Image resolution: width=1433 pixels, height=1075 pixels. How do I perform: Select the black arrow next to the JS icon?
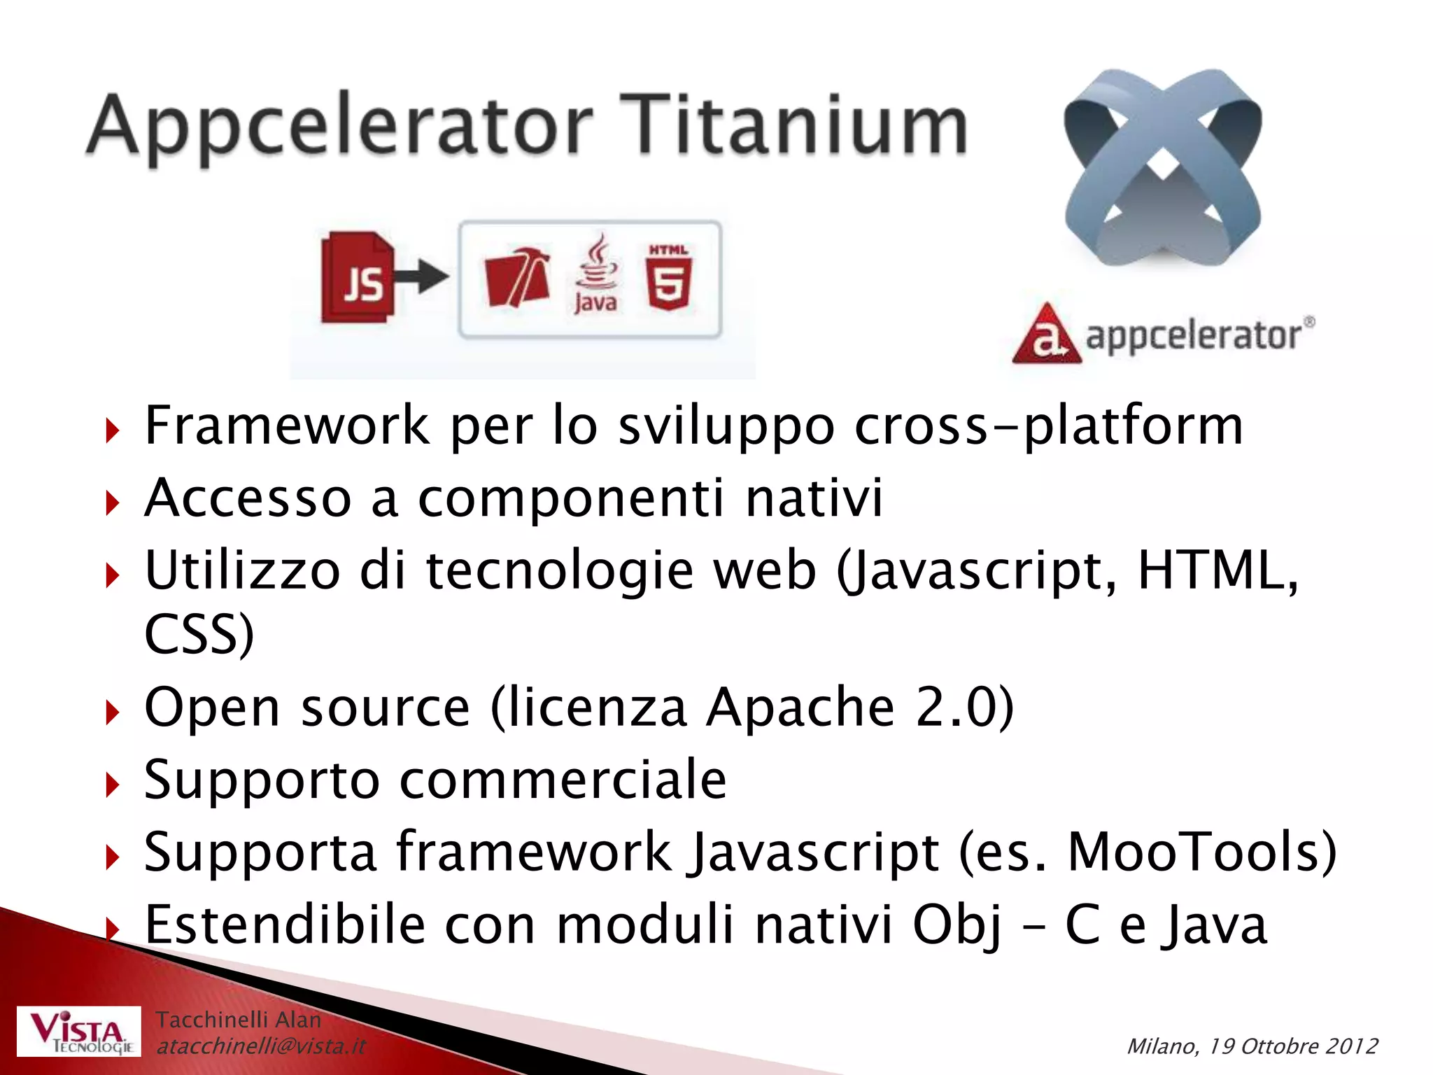coord(422,276)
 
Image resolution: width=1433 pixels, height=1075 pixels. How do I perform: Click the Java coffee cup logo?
coord(595,274)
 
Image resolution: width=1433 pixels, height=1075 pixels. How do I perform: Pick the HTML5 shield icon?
coord(669,278)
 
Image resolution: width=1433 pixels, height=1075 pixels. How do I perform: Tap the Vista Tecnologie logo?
coord(79,1032)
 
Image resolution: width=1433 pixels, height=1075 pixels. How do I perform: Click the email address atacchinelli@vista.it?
coord(261,1046)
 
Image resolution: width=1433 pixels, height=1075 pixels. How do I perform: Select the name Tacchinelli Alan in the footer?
coord(238,1020)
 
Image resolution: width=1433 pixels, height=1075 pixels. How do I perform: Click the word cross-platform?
coord(1049,426)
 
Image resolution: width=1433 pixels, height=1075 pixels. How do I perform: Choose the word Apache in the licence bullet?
coord(800,708)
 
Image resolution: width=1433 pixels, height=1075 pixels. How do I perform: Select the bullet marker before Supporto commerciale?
coord(112,785)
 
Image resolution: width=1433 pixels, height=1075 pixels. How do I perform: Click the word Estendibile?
coord(285,925)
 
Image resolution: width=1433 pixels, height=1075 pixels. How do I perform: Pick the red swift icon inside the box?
coord(517,277)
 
